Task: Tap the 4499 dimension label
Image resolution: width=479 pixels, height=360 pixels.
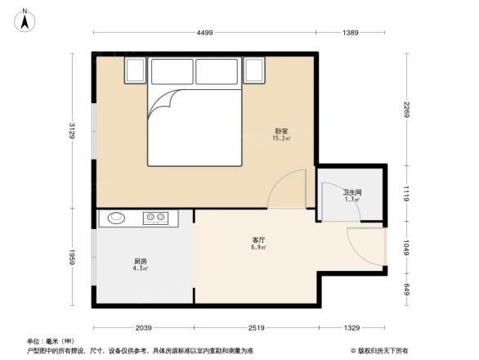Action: coord(204,32)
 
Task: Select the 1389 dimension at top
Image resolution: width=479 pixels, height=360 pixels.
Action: coord(351,32)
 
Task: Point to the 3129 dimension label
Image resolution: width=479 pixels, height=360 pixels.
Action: coord(72,131)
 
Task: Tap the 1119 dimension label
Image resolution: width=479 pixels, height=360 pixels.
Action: coord(407,193)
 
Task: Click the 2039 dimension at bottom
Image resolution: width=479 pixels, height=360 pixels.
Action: coord(144,328)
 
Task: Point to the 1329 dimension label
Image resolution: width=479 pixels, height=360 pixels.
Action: coord(351,328)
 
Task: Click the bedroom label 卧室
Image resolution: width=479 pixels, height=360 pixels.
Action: coord(280,131)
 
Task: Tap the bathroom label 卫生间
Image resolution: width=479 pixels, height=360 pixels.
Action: coord(351,193)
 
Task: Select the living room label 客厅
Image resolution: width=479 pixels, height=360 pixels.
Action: coord(257,240)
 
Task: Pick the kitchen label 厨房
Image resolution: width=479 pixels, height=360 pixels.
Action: coord(141,262)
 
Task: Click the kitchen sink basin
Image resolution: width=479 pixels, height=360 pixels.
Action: coord(114,218)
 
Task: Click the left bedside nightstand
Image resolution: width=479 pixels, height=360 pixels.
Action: coord(135,70)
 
